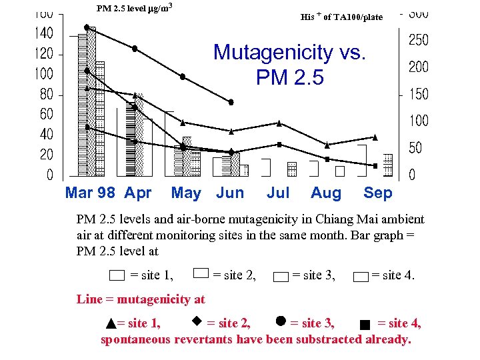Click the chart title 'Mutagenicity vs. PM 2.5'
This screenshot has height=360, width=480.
pos(289,65)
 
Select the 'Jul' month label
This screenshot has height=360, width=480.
pos(278,193)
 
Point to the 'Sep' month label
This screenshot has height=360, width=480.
pos(378,193)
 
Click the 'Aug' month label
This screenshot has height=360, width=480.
pos(326,193)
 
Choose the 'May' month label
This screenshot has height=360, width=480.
pos(186,193)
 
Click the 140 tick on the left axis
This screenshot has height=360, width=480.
pos(44,33)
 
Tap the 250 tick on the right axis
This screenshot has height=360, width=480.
pos(418,40)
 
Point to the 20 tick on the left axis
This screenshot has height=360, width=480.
pos(46,155)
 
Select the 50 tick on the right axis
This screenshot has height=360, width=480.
pos(415,147)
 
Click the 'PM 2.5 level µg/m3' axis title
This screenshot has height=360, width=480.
pos(135,9)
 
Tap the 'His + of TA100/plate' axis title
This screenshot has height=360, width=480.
pos(341,17)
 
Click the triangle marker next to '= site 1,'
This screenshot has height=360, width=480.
pos(111,325)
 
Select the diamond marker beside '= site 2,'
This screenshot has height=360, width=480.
pos(197,321)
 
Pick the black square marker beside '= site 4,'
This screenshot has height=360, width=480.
pos(364,325)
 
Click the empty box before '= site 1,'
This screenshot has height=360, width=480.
pos(117,275)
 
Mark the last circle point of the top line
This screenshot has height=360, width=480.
pos(231,102)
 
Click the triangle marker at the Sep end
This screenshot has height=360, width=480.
pos(375,137)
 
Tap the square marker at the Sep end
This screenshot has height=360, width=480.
pos(375,165)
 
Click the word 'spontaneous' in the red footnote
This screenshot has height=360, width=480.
pos(135,339)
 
